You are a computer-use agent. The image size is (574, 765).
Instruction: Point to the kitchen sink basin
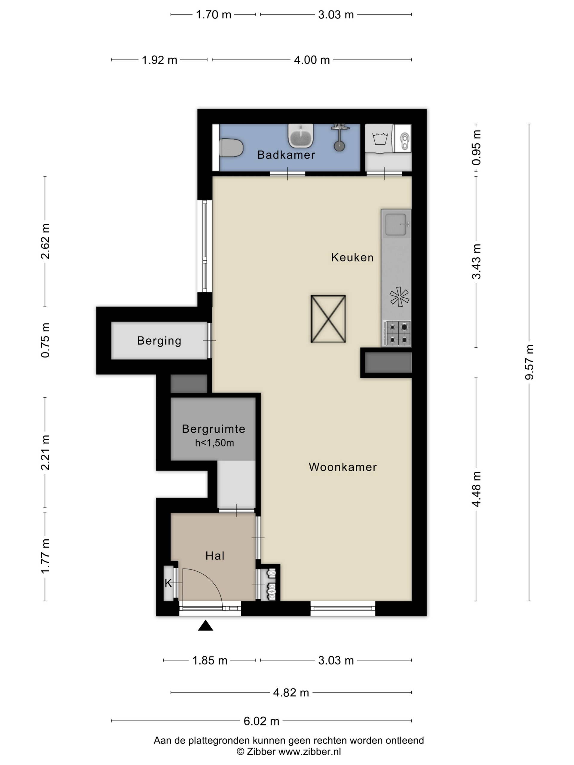(x=396, y=225)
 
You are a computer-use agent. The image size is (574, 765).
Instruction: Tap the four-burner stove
(x=396, y=333)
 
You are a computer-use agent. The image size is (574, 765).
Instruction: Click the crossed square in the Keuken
(x=328, y=319)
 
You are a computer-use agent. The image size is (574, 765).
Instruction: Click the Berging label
(x=159, y=341)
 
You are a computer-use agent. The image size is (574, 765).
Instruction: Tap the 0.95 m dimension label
(x=477, y=147)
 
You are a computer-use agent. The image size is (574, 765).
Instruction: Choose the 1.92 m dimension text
(x=160, y=60)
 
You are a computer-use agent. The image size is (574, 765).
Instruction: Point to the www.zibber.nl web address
(x=310, y=751)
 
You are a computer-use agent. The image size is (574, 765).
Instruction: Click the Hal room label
(x=215, y=556)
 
